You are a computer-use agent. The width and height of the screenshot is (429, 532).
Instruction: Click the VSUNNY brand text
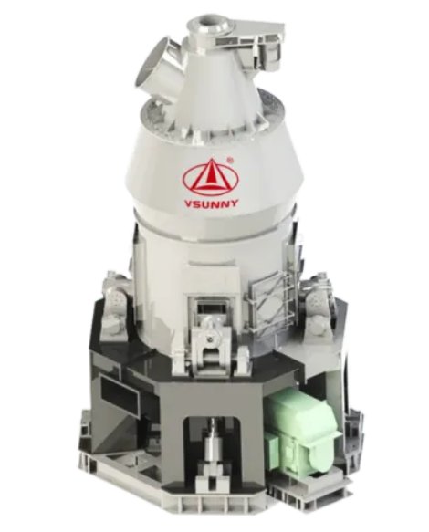(211, 203)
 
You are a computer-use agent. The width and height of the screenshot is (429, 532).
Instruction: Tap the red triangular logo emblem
(211, 177)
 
